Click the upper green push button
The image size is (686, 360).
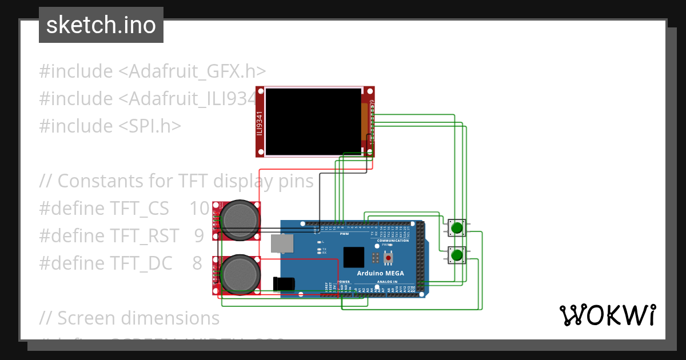(x=456, y=228)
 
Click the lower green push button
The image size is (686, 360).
(x=456, y=255)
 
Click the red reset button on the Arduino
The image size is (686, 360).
(x=389, y=259)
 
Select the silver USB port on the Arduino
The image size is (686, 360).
(x=281, y=243)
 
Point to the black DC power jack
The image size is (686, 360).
(x=284, y=284)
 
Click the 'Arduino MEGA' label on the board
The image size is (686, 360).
(x=380, y=273)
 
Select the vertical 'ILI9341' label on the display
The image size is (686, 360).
(x=260, y=122)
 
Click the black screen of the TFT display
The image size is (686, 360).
(x=314, y=121)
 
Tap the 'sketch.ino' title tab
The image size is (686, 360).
(x=101, y=25)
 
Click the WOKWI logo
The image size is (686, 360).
(x=607, y=315)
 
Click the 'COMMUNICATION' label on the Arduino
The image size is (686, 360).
(x=393, y=241)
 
